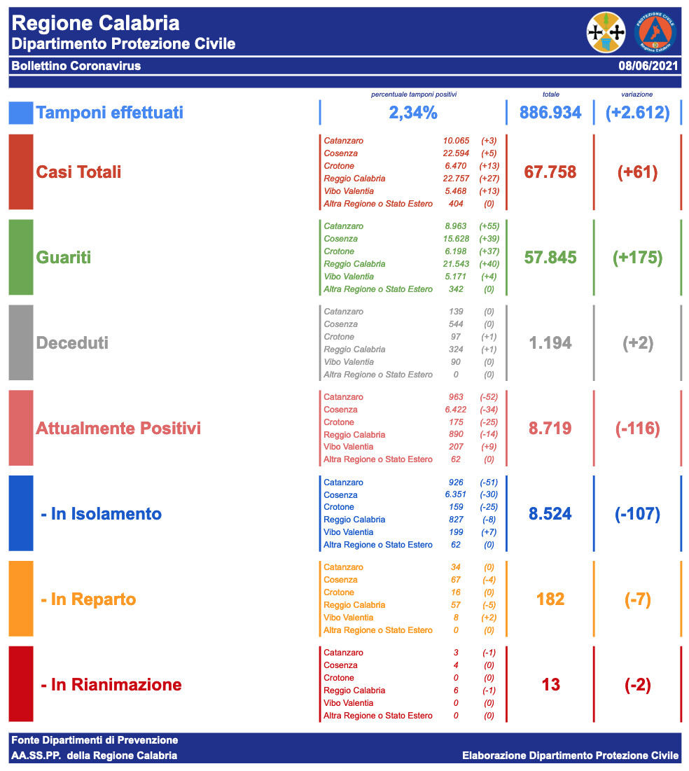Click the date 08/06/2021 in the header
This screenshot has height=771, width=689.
[x=648, y=67]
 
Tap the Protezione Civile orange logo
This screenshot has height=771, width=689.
[x=655, y=32]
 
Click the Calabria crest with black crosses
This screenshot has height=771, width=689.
[x=606, y=32]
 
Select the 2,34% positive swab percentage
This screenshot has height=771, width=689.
[x=413, y=113]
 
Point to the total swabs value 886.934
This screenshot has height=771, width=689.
[x=550, y=113]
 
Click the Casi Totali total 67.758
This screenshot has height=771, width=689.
[x=550, y=172]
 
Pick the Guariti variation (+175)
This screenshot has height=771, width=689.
[x=637, y=258]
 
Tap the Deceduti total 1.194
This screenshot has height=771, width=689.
[x=550, y=343]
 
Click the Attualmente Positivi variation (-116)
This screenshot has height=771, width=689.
[x=637, y=429]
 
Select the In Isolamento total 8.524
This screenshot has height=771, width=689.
[x=550, y=514]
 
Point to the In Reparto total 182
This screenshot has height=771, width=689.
[x=550, y=599]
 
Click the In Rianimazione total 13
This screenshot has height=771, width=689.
[x=550, y=685]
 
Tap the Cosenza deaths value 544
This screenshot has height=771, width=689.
[x=454, y=324]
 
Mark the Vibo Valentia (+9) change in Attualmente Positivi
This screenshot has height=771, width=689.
[x=489, y=447]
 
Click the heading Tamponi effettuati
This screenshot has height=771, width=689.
[x=109, y=113]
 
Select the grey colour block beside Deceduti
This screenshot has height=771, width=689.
[x=21, y=342]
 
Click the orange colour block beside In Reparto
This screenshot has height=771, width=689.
[x=21, y=599]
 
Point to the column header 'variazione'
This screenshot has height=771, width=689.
[x=637, y=94]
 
